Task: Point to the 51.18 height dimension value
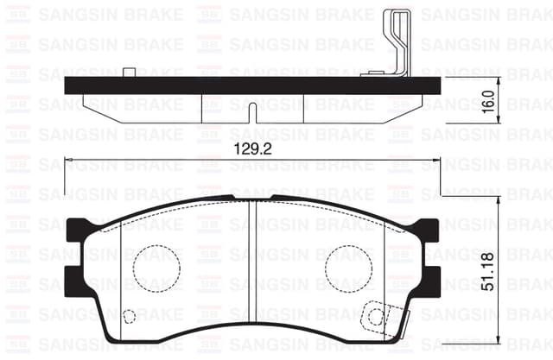[488, 269]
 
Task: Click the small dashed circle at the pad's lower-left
[129, 316]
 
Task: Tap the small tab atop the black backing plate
[128, 73]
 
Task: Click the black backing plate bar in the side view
[251, 85]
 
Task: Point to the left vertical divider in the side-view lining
[201, 108]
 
